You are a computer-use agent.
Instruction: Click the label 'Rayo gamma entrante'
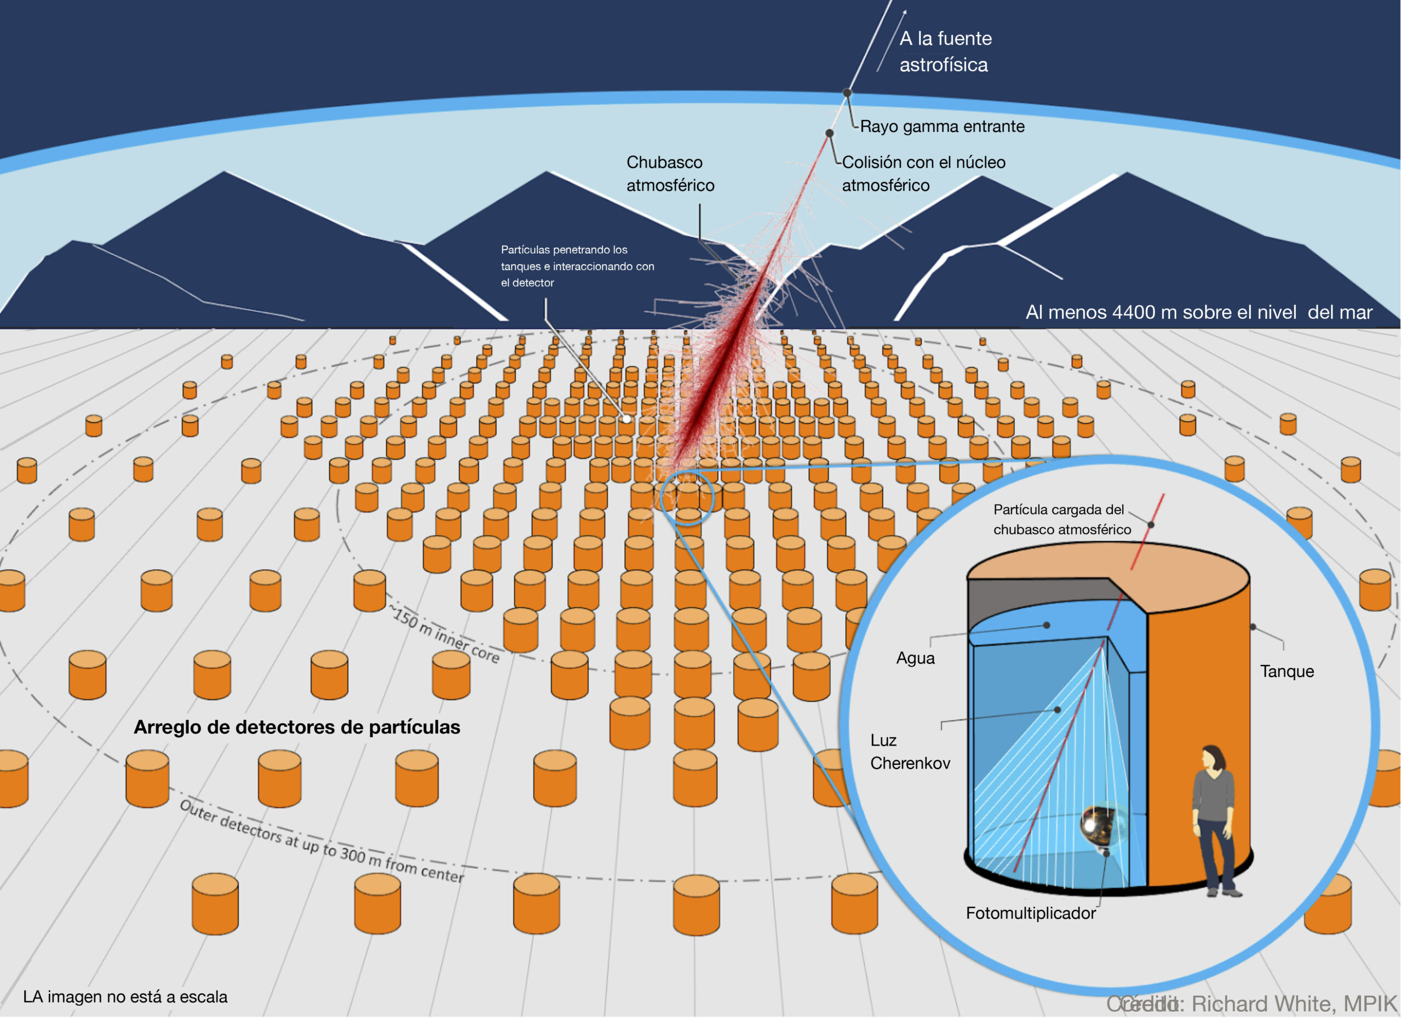[941, 127]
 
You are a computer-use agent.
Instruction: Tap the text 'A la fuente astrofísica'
[945, 51]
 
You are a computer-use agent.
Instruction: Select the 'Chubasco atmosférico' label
[670, 174]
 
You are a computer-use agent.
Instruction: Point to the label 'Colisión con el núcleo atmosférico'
[923, 174]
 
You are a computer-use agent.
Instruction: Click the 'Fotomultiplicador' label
[1031, 913]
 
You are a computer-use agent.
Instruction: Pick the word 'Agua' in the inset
[915, 658]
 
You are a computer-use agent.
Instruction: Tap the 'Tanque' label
[1286, 672]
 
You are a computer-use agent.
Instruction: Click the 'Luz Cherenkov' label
[909, 752]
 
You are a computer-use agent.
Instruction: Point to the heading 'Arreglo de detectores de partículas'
[297, 727]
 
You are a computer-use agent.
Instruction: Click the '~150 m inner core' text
[445, 635]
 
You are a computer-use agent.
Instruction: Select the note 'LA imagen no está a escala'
[125, 996]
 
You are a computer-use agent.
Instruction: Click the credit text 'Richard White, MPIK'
[1292, 1004]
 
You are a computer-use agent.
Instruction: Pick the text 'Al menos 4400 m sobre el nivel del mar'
[1199, 312]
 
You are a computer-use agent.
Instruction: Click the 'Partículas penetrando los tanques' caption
[577, 266]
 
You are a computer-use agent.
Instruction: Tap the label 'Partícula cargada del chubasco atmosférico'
[1061, 519]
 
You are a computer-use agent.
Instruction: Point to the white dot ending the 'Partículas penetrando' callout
[626, 419]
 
